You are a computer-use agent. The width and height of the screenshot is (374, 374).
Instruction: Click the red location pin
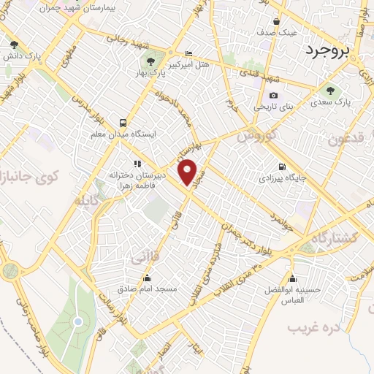189,172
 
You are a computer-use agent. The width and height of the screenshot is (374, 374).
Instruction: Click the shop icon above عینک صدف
277,20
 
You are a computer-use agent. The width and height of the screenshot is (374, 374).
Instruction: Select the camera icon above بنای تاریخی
273,95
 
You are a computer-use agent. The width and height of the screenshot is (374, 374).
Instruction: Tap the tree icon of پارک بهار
150,61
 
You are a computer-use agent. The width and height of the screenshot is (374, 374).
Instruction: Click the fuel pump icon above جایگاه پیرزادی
282,166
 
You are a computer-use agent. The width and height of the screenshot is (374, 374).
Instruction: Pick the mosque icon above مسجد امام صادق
148,278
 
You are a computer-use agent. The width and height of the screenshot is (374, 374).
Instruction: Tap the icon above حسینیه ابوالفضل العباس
293,278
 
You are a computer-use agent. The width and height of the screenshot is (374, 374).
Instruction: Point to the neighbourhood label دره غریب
314,327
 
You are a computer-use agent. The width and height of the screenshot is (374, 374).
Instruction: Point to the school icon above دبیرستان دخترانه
137,164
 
